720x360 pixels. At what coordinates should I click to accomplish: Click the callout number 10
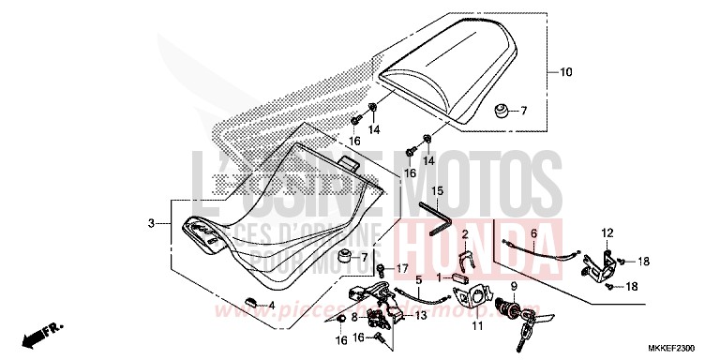[x=565, y=71]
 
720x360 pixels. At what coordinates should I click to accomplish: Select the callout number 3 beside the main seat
[x=150, y=223]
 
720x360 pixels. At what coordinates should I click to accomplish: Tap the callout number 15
[x=437, y=191]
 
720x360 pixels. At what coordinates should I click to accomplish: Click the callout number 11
[x=476, y=326]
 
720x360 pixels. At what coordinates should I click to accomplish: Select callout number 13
[x=421, y=316]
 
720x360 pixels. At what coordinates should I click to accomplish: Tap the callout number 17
[x=401, y=269]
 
